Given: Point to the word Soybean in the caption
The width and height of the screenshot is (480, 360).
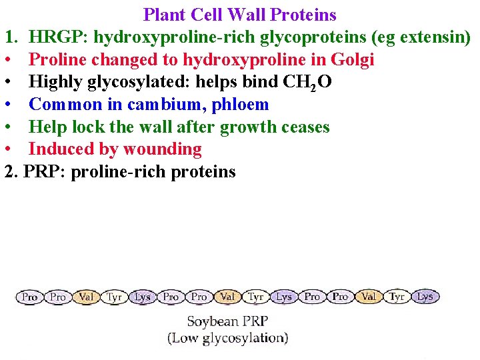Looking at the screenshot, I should [x=213, y=322].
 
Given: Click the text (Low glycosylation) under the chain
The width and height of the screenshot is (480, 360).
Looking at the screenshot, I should [x=228, y=338].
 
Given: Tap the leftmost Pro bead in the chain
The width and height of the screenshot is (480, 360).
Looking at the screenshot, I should [x=30, y=297].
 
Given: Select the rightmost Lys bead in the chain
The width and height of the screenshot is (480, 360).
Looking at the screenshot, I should [x=425, y=297].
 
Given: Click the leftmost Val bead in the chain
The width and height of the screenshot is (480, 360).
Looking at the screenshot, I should [x=86, y=297].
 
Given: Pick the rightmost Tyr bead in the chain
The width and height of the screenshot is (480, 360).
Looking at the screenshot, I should [x=397, y=297].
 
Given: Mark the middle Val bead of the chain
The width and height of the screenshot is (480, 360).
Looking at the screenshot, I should [x=227, y=297].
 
